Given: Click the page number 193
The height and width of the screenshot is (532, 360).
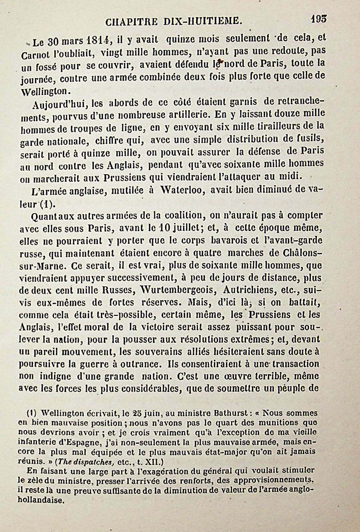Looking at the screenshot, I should (319, 19).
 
